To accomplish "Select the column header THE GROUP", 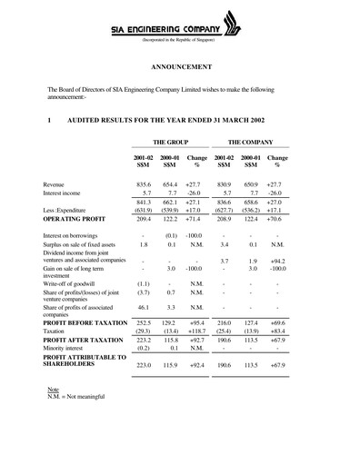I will (169, 143).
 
